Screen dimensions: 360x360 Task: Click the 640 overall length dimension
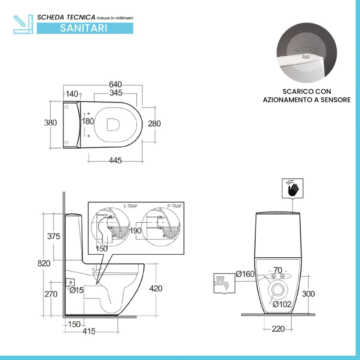(115, 85)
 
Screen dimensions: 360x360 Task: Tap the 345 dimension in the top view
(116, 93)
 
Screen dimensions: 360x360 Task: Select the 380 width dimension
(50, 123)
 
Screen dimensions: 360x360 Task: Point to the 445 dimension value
(115, 160)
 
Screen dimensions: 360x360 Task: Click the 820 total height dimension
(44, 263)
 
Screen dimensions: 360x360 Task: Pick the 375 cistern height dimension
(54, 236)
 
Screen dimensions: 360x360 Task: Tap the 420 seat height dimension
(156, 288)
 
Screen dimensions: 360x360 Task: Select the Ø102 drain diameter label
(282, 305)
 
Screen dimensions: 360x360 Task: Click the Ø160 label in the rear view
(245, 274)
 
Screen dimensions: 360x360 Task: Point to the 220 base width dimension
(278, 329)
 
